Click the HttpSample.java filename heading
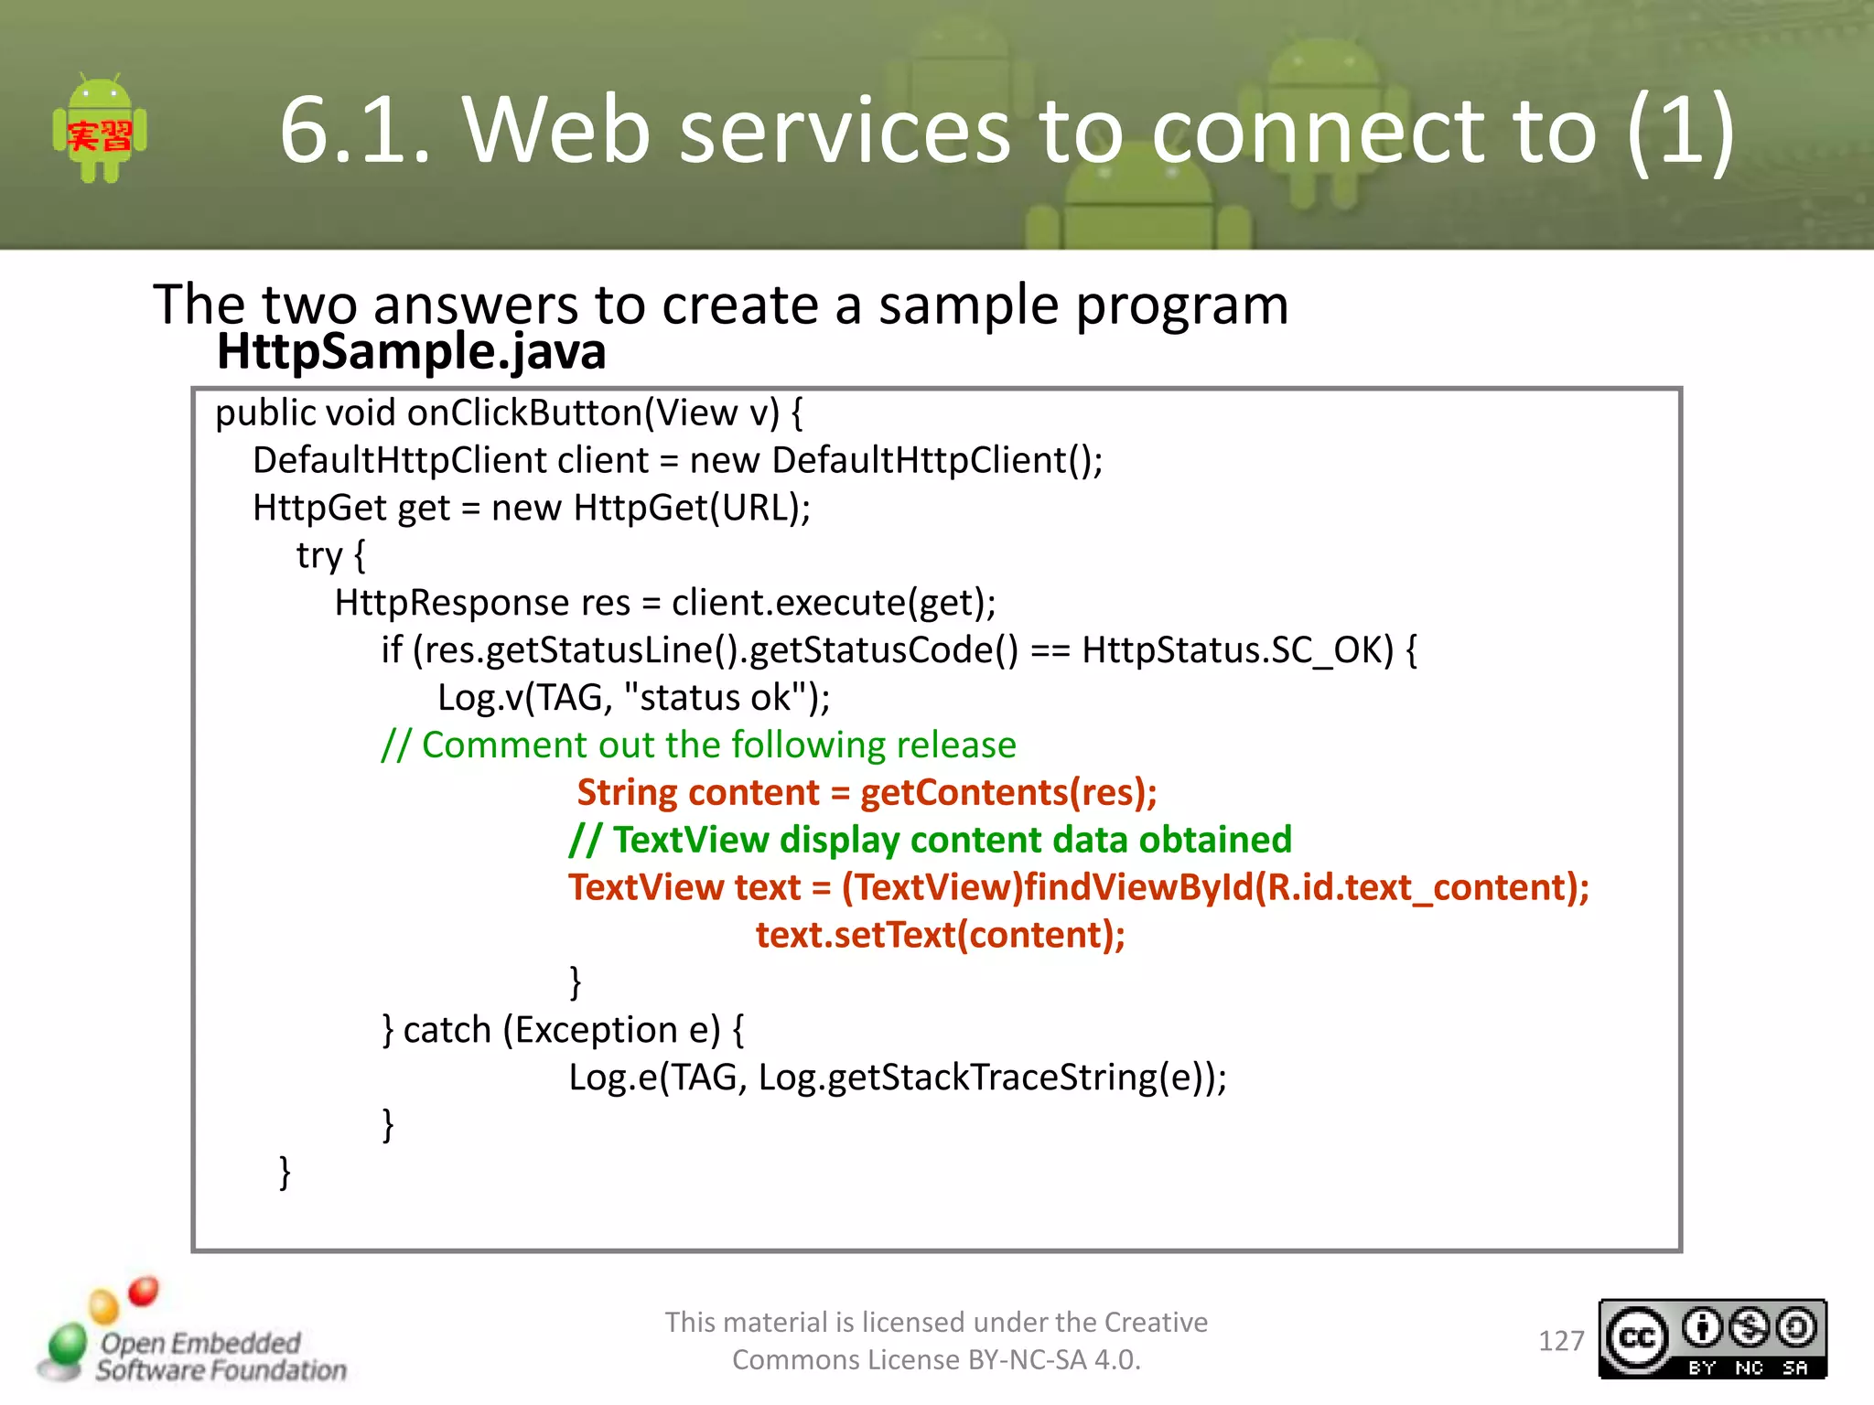[x=411, y=352]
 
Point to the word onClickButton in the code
[x=524, y=413]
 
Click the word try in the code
[x=318, y=556]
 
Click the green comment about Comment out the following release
[x=699, y=745]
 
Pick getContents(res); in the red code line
[x=1008, y=793]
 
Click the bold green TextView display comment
[x=930, y=841]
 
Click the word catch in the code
[x=447, y=1031]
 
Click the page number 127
[x=1560, y=1341]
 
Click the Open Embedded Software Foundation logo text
[x=220, y=1357]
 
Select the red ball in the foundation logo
[x=144, y=1291]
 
